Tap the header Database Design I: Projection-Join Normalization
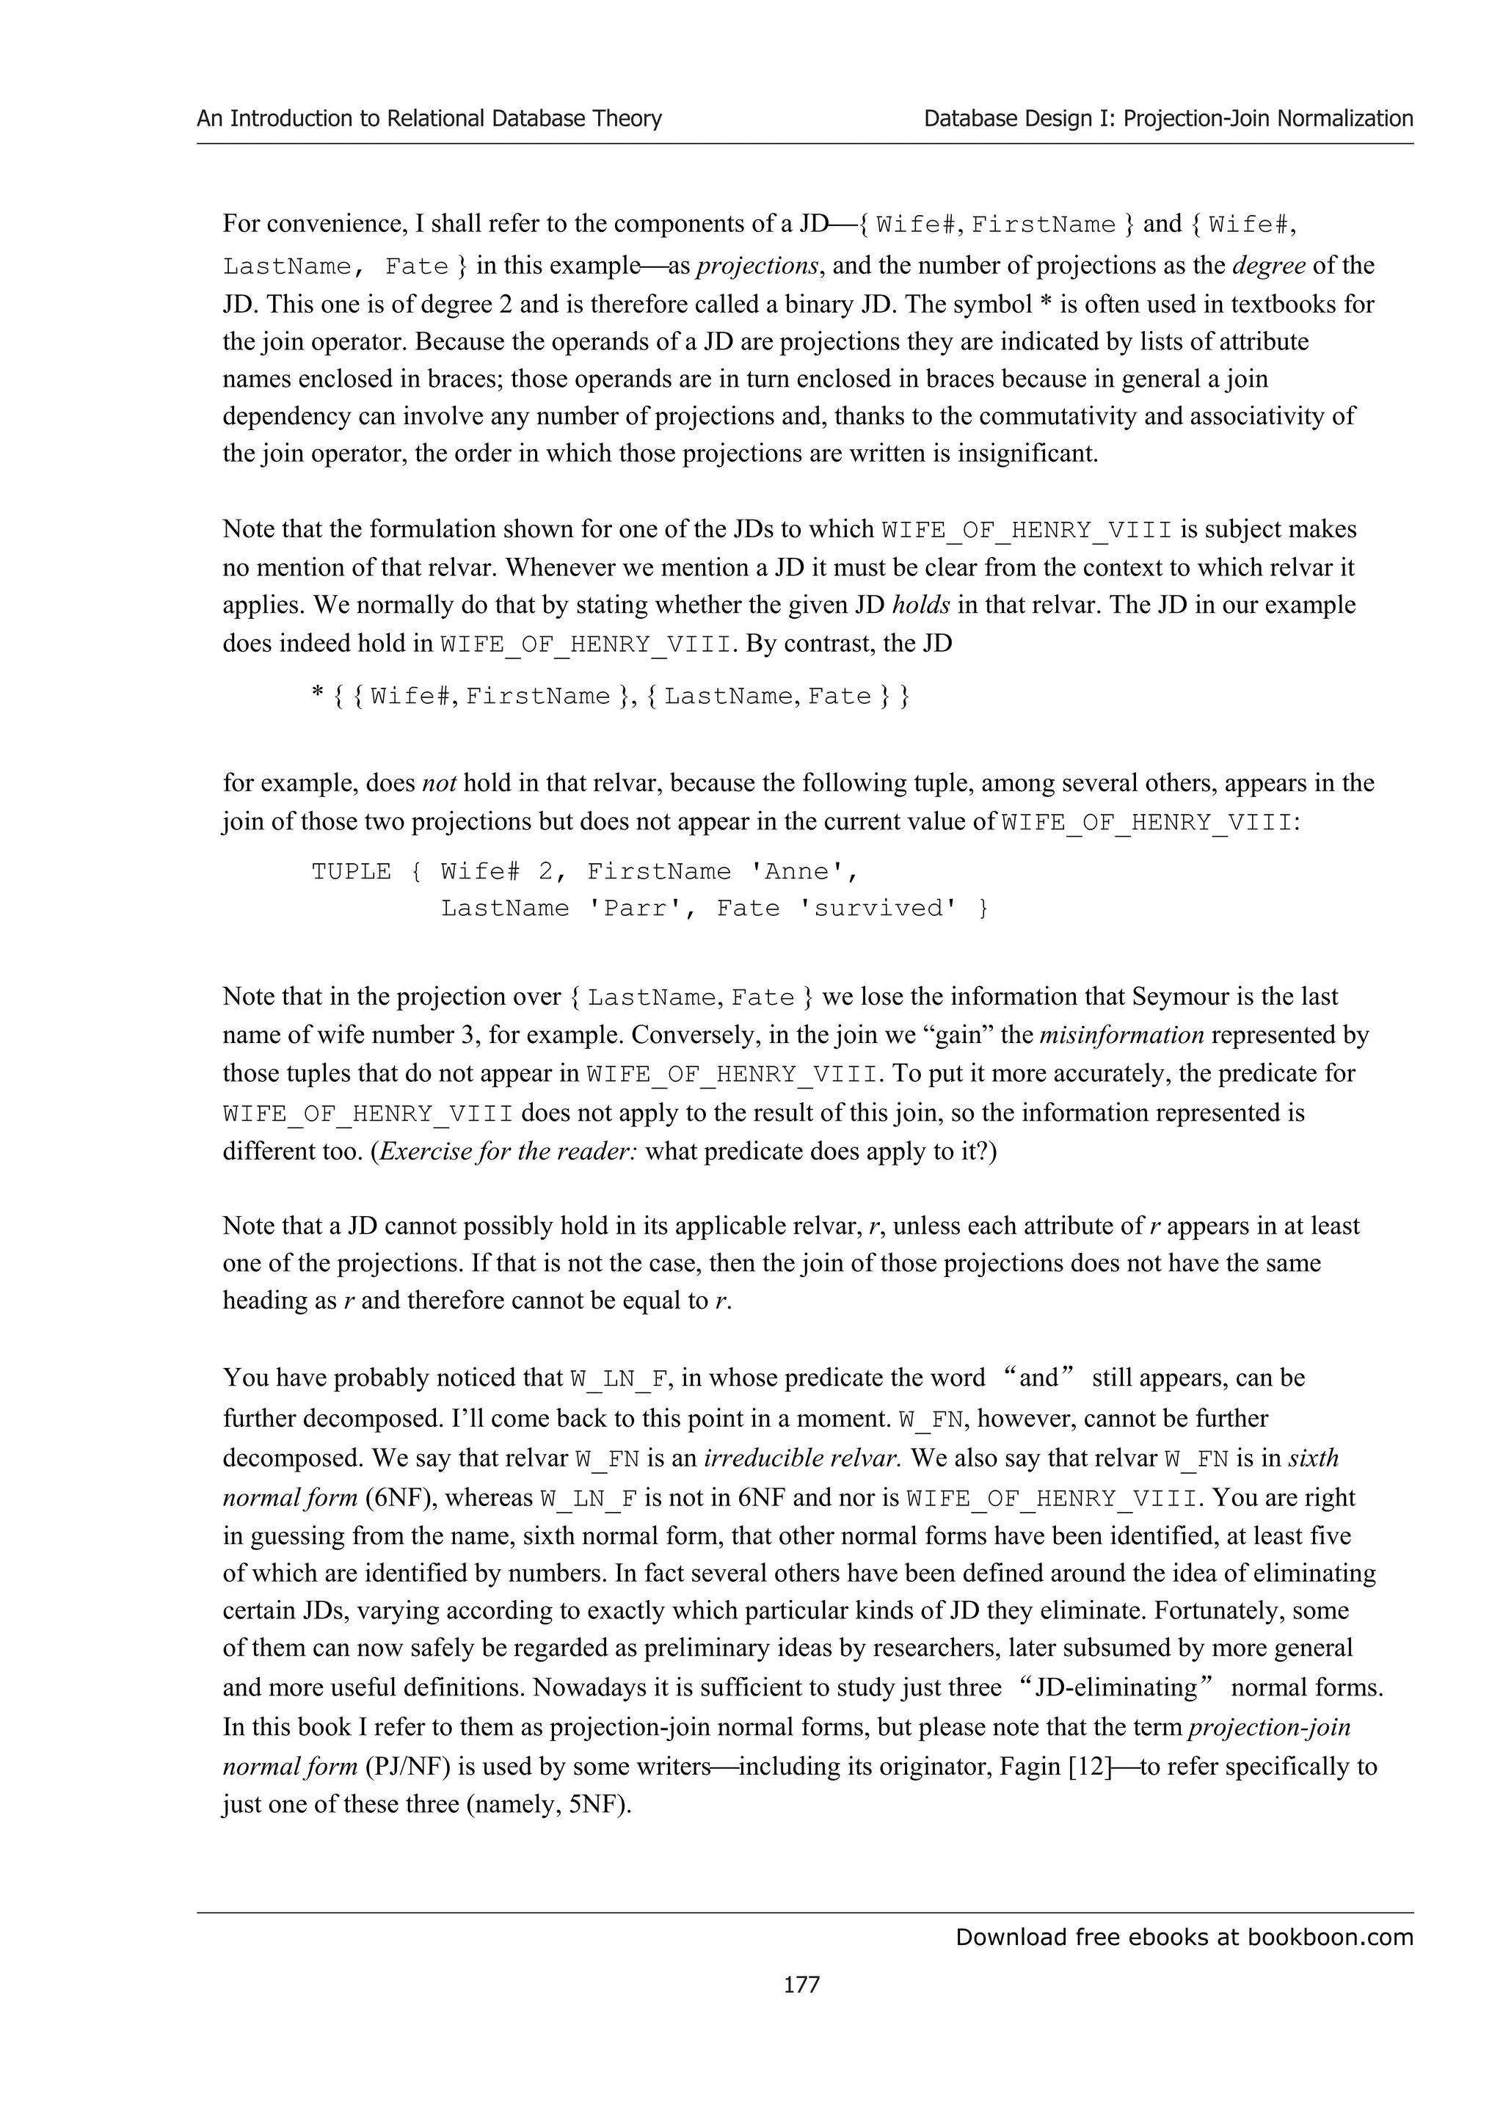point(1168,119)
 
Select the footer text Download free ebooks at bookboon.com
point(1184,1936)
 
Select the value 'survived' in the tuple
point(881,908)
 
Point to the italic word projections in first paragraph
point(757,266)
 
